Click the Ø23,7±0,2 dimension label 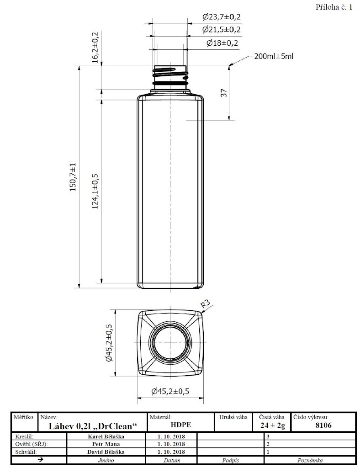click(x=221, y=17)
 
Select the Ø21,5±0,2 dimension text click(x=221, y=30)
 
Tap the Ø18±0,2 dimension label click(x=222, y=43)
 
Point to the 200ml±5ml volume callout click(x=274, y=56)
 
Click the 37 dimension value click(x=224, y=93)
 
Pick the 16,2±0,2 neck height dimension click(x=95, y=47)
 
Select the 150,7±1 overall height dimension click(x=73, y=177)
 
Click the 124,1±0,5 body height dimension click(x=95, y=191)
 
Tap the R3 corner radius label click(x=205, y=304)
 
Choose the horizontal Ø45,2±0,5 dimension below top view click(x=170, y=391)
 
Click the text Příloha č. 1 click(x=334, y=7)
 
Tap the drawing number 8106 click(x=323, y=425)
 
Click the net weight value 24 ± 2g click(x=273, y=425)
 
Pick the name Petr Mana click(x=106, y=444)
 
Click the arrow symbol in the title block click(x=40, y=460)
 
